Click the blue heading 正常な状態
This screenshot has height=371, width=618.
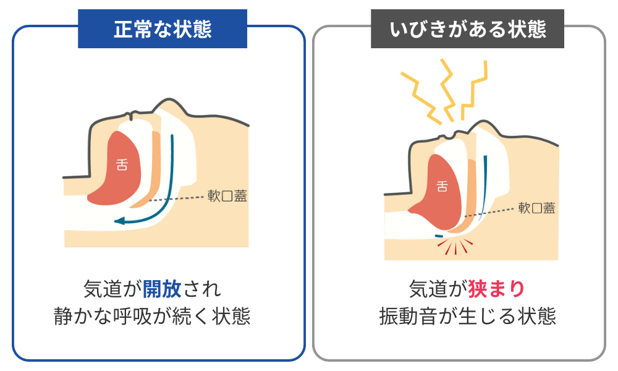[x=162, y=29]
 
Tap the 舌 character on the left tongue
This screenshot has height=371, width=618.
[x=122, y=164]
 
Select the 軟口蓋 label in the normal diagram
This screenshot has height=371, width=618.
[x=226, y=196]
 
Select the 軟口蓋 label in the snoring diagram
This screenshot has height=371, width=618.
[x=536, y=208]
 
